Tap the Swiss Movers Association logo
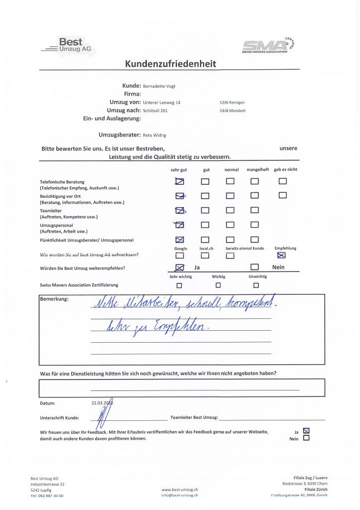click(271, 46)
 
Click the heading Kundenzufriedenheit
click(170, 64)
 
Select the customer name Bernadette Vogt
click(159, 86)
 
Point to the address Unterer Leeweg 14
click(161, 103)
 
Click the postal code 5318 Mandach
click(232, 111)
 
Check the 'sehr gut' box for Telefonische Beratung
click(180, 181)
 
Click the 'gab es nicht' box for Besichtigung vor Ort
click(283, 195)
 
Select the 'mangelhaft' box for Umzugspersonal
click(254, 225)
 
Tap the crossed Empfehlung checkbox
click(281, 255)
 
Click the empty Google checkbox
click(180, 255)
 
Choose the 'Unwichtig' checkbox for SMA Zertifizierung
click(256, 285)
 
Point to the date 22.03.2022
click(102, 403)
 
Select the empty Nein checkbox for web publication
click(306, 438)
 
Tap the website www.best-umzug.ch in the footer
click(180, 490)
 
